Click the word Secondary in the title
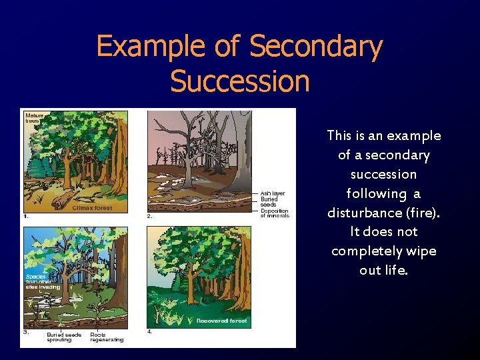316,47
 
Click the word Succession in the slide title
240,81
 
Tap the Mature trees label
34,118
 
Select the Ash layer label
273,193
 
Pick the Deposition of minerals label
275,213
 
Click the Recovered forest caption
221,321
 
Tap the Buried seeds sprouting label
64,337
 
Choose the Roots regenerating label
107,337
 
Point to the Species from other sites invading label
43,281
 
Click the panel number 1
25,216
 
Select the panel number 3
25,331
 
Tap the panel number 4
150,331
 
